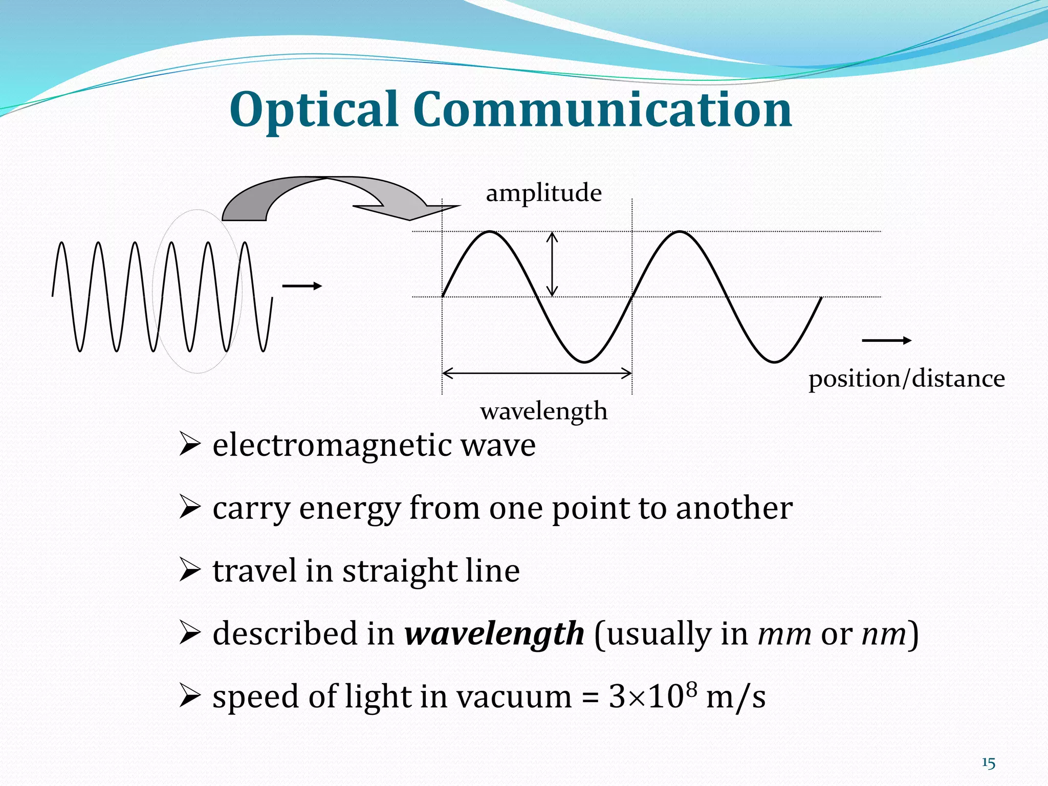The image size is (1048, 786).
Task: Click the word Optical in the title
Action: pyautogui.click(x=313, y=110)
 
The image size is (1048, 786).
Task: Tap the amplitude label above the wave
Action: pyautogui.click(x=543, y=193)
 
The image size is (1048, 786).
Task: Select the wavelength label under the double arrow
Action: pyautogui.click(x=543, y=411)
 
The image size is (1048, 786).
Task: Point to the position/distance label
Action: pyautogui.click(x=906, y=379)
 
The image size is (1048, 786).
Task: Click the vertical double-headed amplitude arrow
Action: pyautogui.click(x=552, y=264)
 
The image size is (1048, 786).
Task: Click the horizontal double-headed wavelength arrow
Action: pyautogui.click(x=537, y=373)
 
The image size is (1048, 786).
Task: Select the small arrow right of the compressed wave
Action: pyautogui.click(x=302, y=286)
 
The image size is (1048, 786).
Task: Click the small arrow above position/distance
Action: pyautogui.click(x=886, y=340)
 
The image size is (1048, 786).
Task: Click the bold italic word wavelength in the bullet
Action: pyautogui.click(x=494, y=634)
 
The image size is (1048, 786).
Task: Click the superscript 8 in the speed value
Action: pyautogui.click(x=691, y=689)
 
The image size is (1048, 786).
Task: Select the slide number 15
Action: pyautogui.click(x=988, y=763)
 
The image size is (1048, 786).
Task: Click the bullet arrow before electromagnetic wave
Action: pyautogui.click(x=189, y=445)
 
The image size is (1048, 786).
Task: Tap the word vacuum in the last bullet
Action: pyautogui.click(x=514, y=697)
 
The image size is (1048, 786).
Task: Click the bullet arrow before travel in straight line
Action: pyautogui.click(x=189, y=571)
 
